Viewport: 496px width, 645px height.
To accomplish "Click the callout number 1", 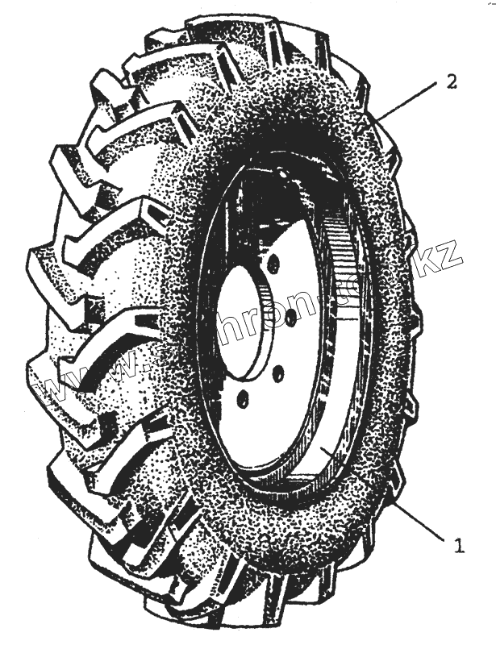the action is pos(459,546).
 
